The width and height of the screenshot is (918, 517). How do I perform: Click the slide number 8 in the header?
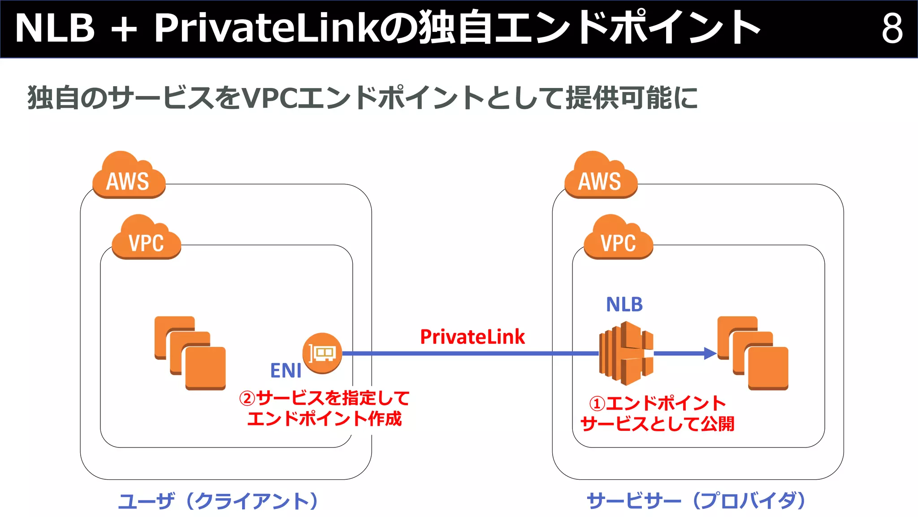pyautogui.click(x=892, y=28)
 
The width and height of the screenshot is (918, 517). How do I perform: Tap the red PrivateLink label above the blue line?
pyautogui.click(x=472, y=337)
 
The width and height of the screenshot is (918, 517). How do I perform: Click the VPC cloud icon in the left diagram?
pyautogui.click(x=146, y=239)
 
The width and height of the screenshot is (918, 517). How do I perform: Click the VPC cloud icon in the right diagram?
pyautogui.click(x=618, y=239)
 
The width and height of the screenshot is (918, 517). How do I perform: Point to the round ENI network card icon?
pyautogui.click(x=322, y=353)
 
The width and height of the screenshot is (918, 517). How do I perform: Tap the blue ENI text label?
pyautogui.click(x=286, y=371)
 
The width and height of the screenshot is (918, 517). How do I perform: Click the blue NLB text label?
pyautogui.click(x=624, y=305)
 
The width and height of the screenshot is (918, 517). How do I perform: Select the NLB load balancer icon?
pyautogui.click(x=626, y=353)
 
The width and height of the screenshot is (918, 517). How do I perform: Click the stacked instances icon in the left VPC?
pyautogui.click(x=190, y=353)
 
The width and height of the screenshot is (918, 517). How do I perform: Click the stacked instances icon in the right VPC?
pyautogui.click(x=753, y=353)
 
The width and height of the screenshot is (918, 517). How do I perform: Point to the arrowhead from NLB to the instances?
pyautogui.click(x=710, y=353)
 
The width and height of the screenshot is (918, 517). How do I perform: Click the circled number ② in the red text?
pyautogui.click(x=247, y=398)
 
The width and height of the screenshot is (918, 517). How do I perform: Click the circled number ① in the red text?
pyautogui.click(x=598, y=403)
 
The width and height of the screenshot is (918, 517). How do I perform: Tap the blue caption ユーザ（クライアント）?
pyautogui.click(x=218, y=501)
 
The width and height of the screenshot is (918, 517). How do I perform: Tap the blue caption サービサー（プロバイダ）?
pyautogui.click(x=696, y=501)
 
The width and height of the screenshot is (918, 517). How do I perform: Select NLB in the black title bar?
pyautogui.click(x=55, y=28)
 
